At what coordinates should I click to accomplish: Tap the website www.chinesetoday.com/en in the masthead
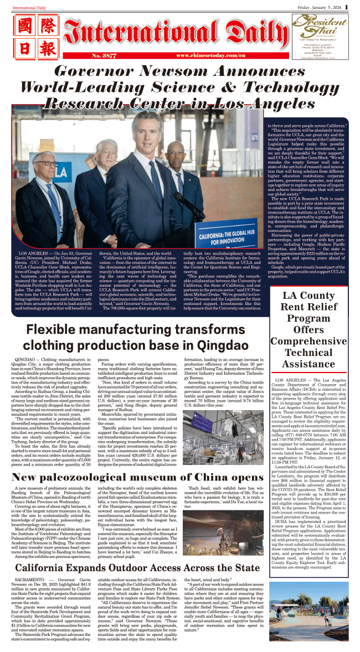point(210,56)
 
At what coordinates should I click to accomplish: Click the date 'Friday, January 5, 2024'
point(318,6)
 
